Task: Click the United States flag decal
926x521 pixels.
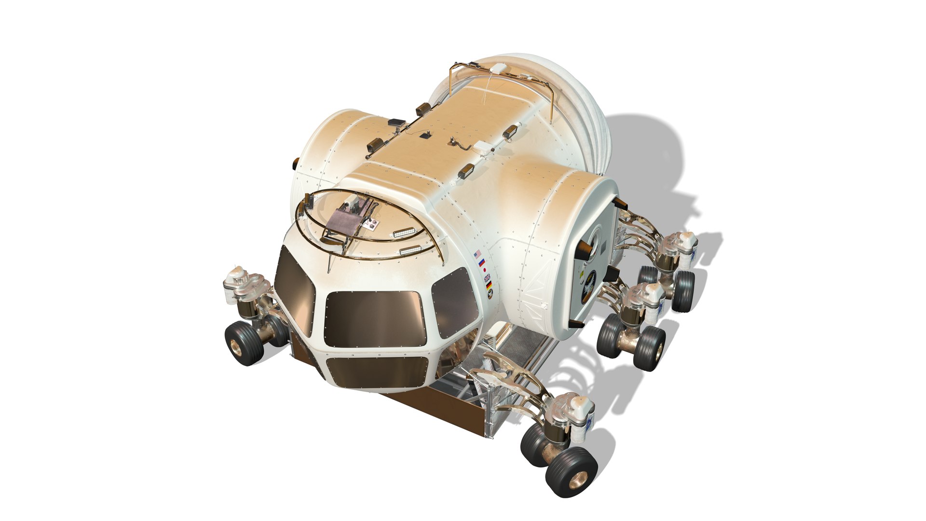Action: point(478,254)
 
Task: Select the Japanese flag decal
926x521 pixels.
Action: point(484,271)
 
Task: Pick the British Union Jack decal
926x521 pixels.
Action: point(487,278)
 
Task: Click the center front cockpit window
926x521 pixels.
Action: point(374,318)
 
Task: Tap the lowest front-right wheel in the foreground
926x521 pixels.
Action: point(571,466)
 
